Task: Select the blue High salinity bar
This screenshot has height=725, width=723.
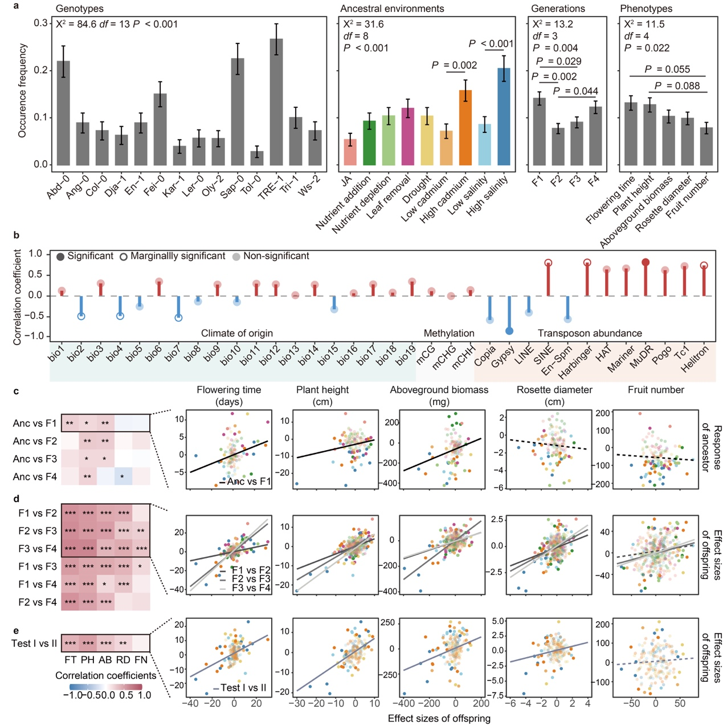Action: pyautogui.click(x=504, y=116)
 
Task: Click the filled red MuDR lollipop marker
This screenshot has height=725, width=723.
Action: pyautogui.click(x=646, y=262)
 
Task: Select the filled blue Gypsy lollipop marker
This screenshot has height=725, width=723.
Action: pyautogui.click(x=509, y=331)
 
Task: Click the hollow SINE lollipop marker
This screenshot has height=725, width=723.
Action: pyautogui.click(x=548, y=263)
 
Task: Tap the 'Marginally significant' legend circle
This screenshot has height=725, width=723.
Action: pyautogui.click(x=124, y=257)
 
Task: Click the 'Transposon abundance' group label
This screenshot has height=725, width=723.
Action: pyautogui.click(x=590, y=333)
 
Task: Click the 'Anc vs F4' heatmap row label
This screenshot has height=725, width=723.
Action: pyautogui.click(x=35, y=476)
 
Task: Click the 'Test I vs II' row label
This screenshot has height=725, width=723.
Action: pyautogui.click(x=34, y=643)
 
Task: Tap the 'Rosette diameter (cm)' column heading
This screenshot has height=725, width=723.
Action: pyautogui.click(x=554, y=395)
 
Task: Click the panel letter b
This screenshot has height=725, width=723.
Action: pyautogui.click(x=17, y=235)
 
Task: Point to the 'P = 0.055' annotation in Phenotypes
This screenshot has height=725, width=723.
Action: pyautogui.click(x=667, y=69)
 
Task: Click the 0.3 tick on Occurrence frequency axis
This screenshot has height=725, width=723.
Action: pyautogui.click(x=40, y=23)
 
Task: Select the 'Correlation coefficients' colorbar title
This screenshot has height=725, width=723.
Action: pyautogui.click(x=106, y=675)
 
